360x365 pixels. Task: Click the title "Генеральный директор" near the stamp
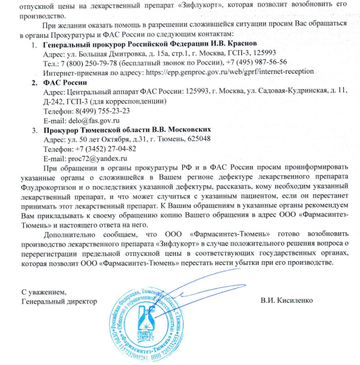[x=59, y=300]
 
